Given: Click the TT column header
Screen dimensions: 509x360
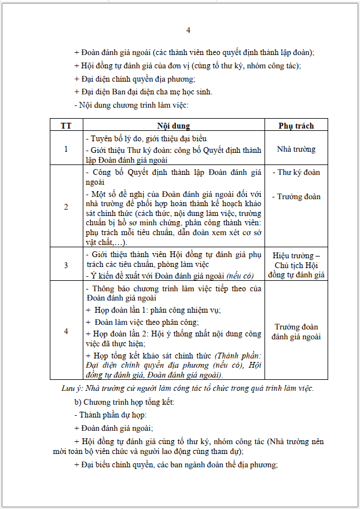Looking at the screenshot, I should (66, 126).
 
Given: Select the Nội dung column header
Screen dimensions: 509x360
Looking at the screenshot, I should (174, 126).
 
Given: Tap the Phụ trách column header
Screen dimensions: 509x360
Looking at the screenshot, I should (296, 126).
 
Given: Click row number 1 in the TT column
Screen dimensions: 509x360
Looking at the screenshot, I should (66, 149).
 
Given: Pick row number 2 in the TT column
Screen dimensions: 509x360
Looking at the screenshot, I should (66, 207).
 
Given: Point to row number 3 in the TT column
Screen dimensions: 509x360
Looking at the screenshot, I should (66, 265).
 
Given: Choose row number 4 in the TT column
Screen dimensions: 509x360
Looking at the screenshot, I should (66, 331).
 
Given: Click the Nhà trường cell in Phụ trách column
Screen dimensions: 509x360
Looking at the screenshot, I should (296, 149).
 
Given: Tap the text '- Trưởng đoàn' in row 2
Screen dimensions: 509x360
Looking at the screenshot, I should (296, 196).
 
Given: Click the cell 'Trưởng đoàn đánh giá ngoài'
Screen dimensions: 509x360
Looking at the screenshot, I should (296, 332).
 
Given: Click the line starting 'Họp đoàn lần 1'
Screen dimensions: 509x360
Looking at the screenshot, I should (156, 310).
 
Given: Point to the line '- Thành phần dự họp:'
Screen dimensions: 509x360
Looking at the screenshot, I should (111, 415).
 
